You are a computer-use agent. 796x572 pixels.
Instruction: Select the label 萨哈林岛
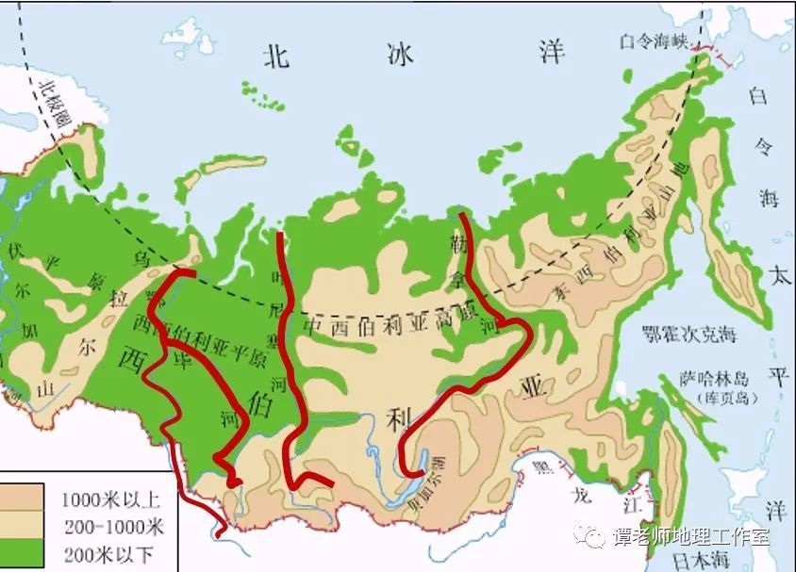pos(714,379)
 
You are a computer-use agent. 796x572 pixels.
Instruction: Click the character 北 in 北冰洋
pos(276,56)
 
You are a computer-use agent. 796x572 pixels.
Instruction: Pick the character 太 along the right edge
pos(779,276)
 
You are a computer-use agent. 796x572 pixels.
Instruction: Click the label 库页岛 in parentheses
pos(714,397)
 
